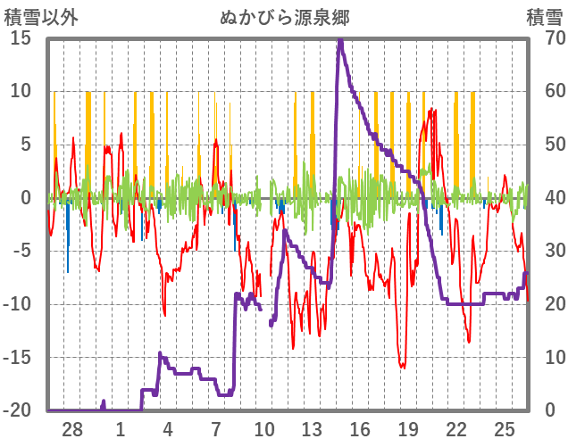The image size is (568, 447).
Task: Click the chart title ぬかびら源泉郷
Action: click(x=284, y=17)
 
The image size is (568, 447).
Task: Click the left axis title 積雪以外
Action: click(x=37, y=17)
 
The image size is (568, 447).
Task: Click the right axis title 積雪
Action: click(x=544, y=17)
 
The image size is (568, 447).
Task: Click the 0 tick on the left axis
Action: click(x=27, y=198)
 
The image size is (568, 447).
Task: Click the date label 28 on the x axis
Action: click(x=72, y=429)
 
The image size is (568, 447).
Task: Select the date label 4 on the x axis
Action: click(x=168, y=429)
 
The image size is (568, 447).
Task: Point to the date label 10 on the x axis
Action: click(x=264, y=429)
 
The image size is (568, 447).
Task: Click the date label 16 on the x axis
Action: click(x=360, y=429)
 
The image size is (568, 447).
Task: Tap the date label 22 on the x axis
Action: click(x=456, y=429)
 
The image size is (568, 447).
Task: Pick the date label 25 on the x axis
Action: click(x=505, y=429)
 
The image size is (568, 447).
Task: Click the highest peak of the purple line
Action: click(x=340, y=40)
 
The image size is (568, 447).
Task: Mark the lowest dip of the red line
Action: click(x=403, y=367)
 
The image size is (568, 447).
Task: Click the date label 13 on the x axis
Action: click(x=312, y=429)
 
